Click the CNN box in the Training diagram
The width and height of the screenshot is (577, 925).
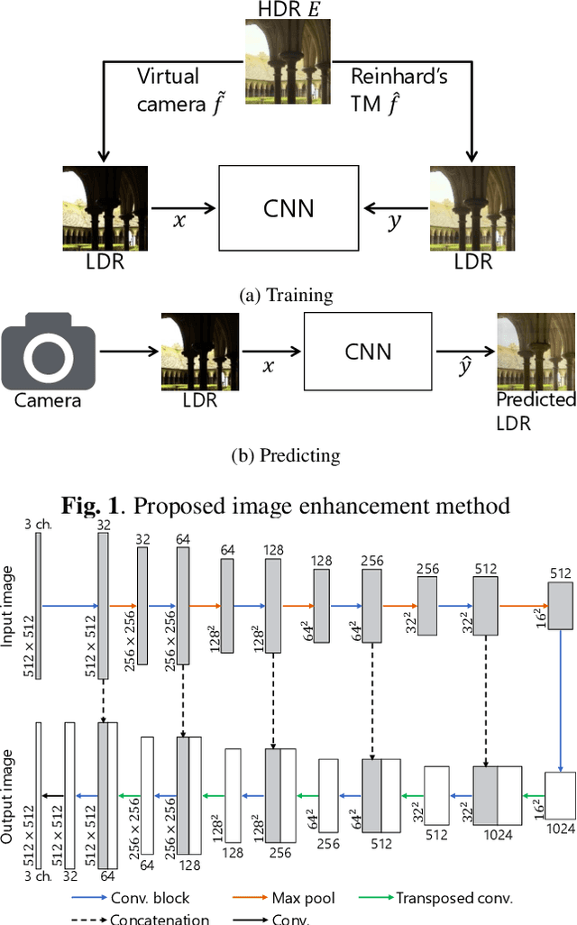[288, 207]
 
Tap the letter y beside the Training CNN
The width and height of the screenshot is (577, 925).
[394, 221]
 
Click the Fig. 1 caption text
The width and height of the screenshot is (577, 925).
[287, 505]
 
